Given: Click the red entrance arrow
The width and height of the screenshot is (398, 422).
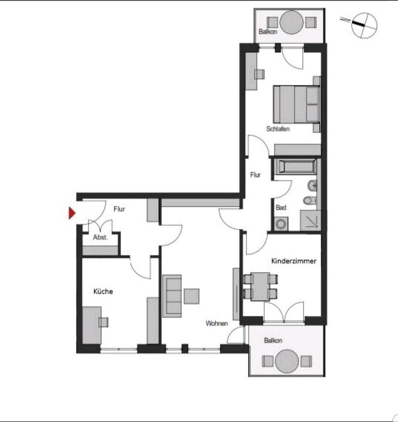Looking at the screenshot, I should pos(72,214).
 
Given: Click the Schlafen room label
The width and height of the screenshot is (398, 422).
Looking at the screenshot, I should pos(278,129).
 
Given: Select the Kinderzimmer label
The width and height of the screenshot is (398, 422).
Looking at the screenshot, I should pos(294,261).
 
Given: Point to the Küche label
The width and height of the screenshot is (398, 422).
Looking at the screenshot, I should pos(103,291).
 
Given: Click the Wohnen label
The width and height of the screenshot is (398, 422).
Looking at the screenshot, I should pos(217,324).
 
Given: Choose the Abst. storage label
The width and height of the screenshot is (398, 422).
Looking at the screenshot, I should pos(100,237).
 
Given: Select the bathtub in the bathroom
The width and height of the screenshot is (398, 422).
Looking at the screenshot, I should pos(295,167).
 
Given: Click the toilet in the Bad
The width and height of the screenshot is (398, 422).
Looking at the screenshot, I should pos(310,200).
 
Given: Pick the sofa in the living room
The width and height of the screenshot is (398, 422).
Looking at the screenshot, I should pos(172,295).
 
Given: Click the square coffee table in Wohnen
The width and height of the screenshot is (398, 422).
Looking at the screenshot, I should pos(192,296).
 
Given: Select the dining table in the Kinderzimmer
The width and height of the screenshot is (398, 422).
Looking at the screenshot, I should pos(261,286).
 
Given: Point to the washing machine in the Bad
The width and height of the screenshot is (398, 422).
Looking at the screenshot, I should pos(281,224).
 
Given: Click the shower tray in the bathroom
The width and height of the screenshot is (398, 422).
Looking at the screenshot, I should pos(310,220).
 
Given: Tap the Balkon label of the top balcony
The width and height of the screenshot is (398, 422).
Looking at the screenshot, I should pos(267,32).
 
